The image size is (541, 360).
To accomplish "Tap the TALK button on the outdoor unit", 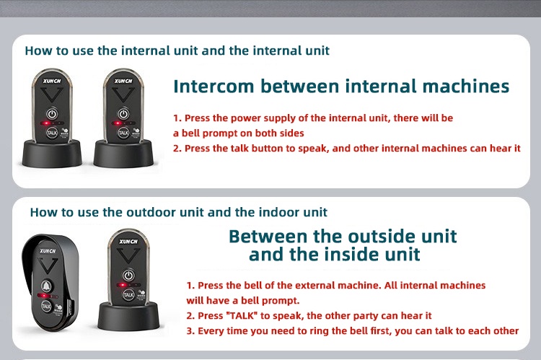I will (47, 306).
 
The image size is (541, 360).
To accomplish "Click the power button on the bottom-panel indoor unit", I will (128, 275).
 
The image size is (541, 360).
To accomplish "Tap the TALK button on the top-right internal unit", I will (123, 132).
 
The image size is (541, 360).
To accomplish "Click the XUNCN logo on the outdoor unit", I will (48, 251).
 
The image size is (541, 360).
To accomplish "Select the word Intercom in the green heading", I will (214, 87).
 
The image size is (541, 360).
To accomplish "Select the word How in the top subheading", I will (37, 51).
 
